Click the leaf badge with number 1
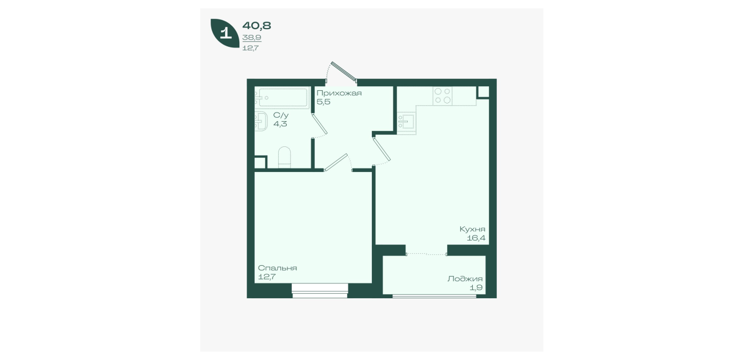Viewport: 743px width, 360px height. click(x=225, y=33)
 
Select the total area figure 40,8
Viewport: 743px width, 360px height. click(x=256, y=26)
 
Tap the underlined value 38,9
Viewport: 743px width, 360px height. click(x=252, y=38)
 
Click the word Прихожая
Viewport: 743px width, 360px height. click(x=339, y=93)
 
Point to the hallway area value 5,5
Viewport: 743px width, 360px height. click(x=323, y=102)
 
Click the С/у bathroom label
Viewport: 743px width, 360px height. click(x=280, y=115)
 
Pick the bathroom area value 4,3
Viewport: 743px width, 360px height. click(x=280, y=124)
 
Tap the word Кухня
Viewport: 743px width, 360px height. click(x=472, y=229)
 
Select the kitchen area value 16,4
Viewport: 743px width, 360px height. click(x=476, y=238)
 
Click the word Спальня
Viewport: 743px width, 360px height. click(x=278, y=268)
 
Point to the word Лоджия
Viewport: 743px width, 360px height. click(x=465, y=279)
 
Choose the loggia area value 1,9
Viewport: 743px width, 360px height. click(x=476, y=287)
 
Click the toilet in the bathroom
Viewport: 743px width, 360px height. click(x=284, y=157)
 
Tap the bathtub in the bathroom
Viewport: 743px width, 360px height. click(x=282, y=97)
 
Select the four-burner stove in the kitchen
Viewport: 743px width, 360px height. click(x=443, y=96)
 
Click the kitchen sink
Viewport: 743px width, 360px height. click(x=406, y=122)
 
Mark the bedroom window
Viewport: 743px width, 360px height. click(x=320, y=291)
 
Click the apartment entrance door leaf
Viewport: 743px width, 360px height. click(x=344, y=71)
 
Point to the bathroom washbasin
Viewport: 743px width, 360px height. click(x=261, y=121)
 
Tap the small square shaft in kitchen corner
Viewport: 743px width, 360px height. click(x=484, y=92)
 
